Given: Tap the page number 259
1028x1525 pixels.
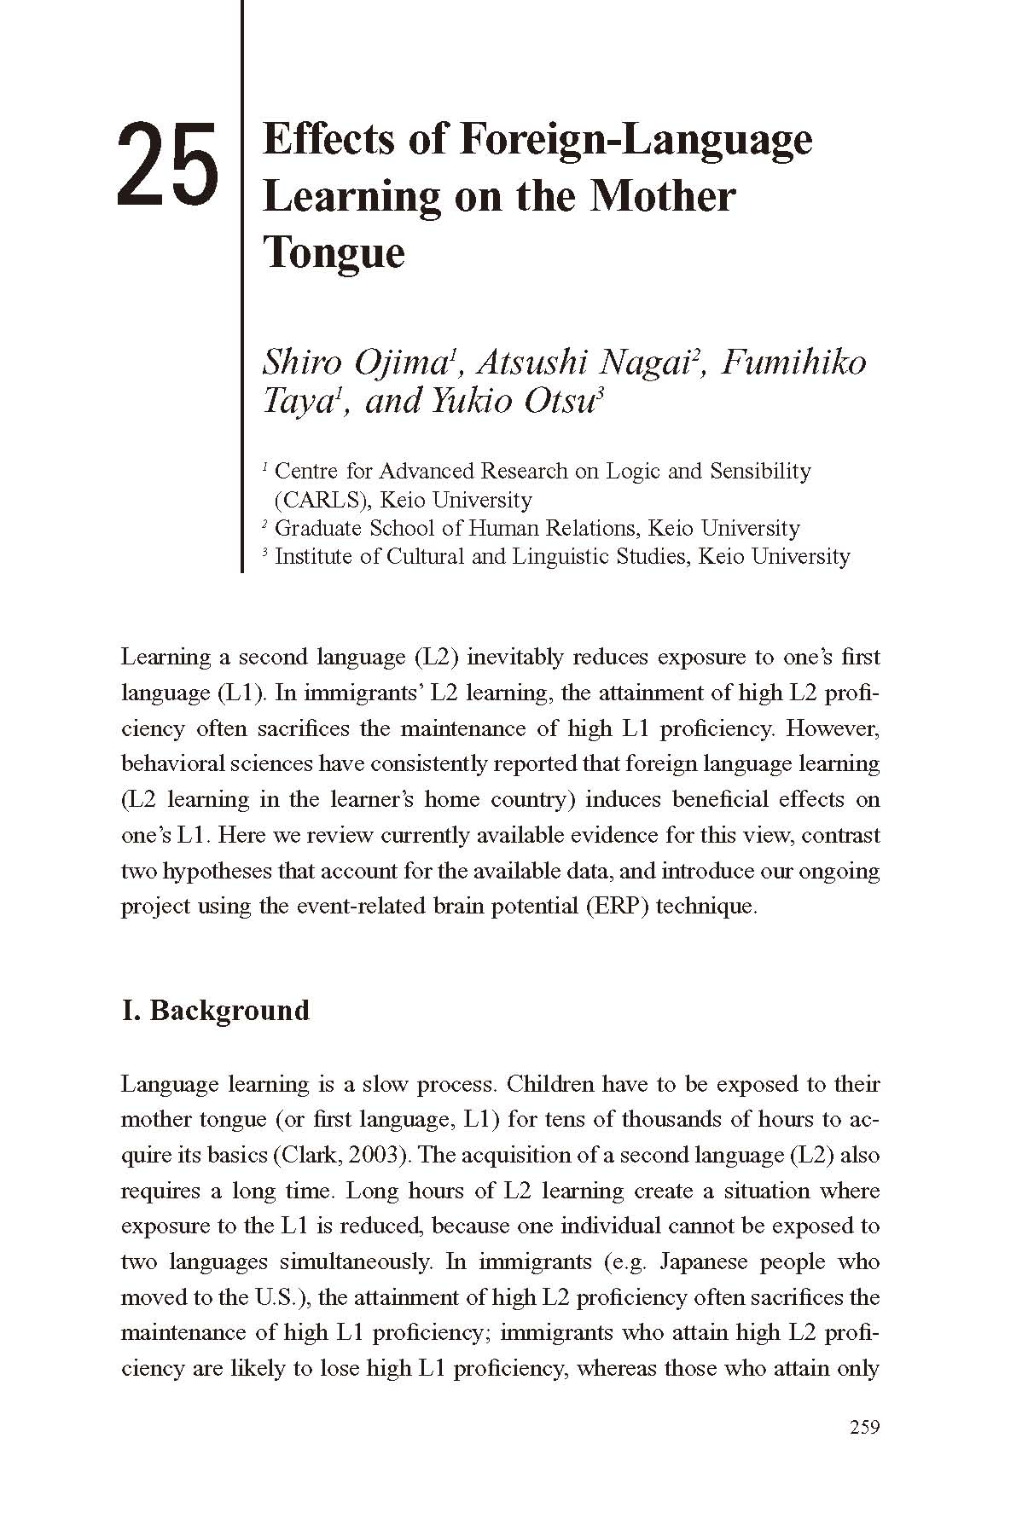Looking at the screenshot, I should pos(864,1428).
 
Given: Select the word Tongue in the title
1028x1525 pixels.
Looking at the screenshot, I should pos(334,252).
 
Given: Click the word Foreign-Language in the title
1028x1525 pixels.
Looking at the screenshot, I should pos(636,141).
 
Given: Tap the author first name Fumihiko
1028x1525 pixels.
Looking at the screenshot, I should pos(793,362).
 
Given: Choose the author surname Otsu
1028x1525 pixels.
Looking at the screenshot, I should pos(558,401).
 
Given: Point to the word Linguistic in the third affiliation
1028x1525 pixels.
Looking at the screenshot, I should pos(565,557).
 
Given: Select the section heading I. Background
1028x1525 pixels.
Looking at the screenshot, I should pos(215,1011).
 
